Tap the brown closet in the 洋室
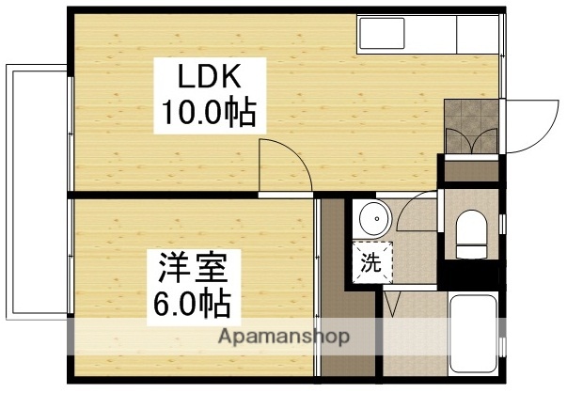tap(332, 282)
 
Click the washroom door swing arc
tap(414, 212)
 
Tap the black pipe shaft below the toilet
tap(469, 275)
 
